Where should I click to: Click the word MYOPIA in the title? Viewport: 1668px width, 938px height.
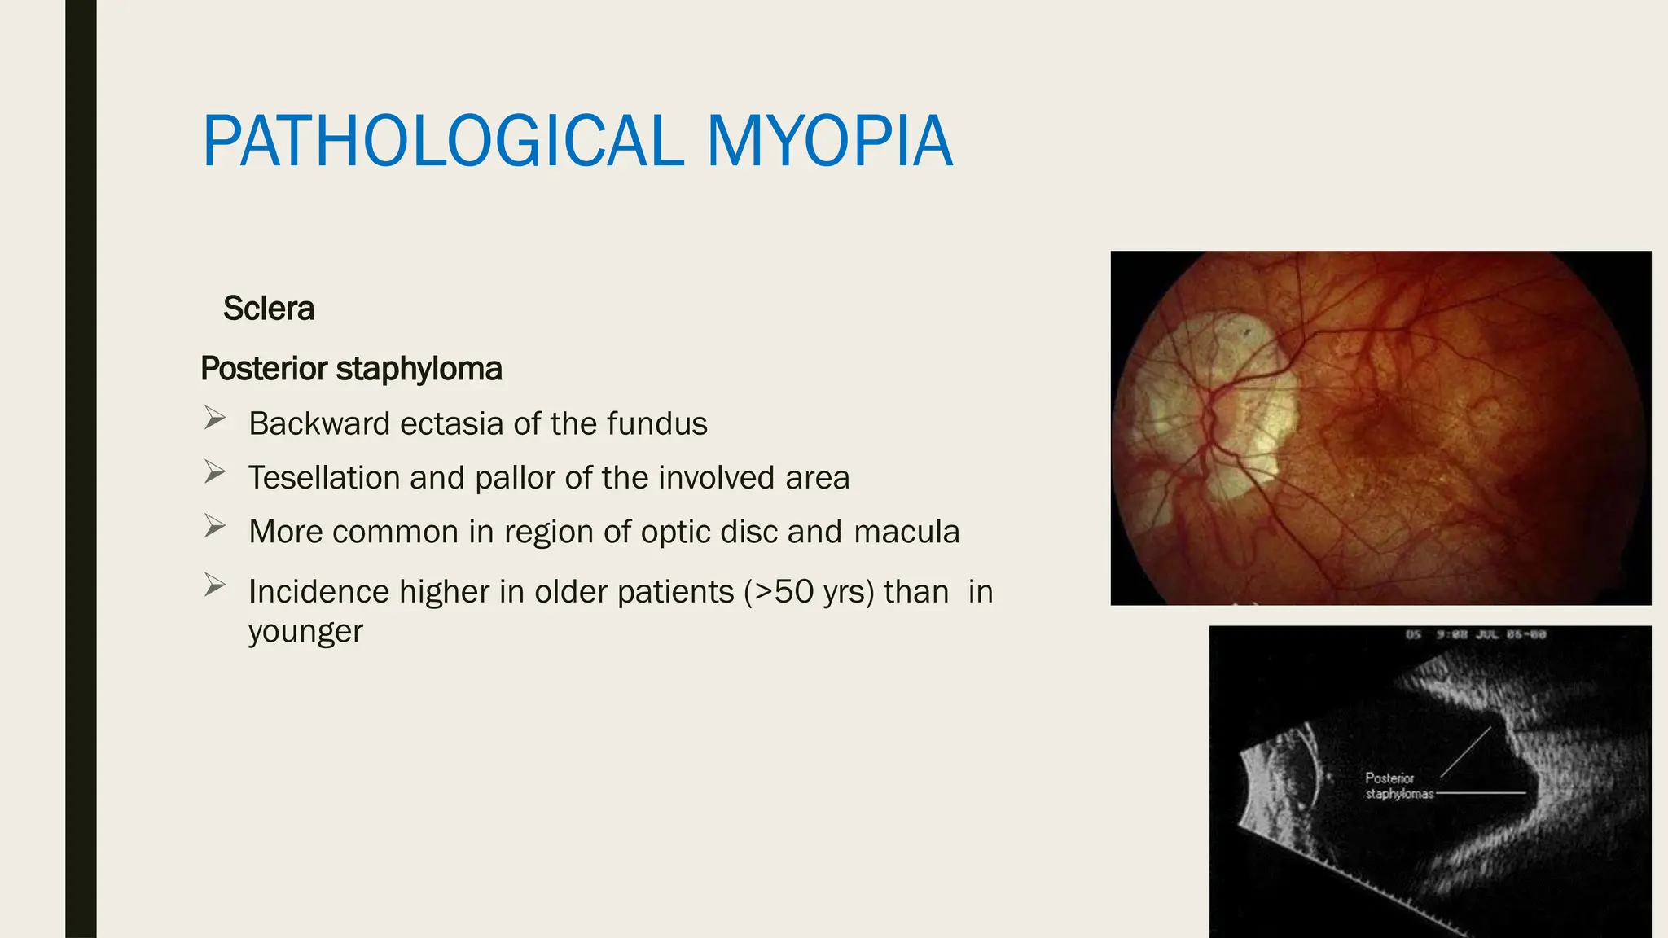pyautogui.click(x=829, y=142)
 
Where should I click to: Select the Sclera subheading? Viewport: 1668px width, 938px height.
pyautogui.click(x=268, y=309)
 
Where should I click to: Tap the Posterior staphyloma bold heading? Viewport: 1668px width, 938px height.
pyautogui.click(x=351, y=369)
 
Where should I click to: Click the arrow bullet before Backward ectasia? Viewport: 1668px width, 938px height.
pyautogui.click(x=215, y=419)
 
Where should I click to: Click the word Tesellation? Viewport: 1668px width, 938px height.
pyautogui.click(x=323, y=478)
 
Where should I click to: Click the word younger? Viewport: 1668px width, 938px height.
pyautogui.click(x=305, y=632)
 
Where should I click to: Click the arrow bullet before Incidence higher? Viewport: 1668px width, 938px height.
pyautogui.click(x=215, y=585)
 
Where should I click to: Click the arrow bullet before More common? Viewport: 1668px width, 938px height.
pyautogui.click(x=215, y=526)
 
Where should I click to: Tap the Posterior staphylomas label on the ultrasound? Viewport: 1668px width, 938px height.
pyautogui.click(x=1398, y=786)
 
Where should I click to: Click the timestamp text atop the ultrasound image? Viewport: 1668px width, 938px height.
pyautogui.click(x=1475, y=634)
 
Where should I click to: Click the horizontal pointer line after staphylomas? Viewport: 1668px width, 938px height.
pyautogui.click(x=1481, y=792)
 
